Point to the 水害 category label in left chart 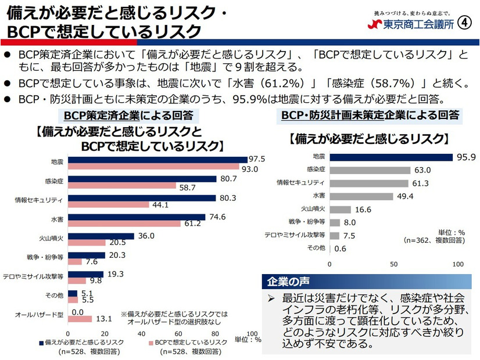56,219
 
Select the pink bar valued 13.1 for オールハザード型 80,318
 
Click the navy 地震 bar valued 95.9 391,157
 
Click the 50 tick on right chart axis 393,264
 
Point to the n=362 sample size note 433,240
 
